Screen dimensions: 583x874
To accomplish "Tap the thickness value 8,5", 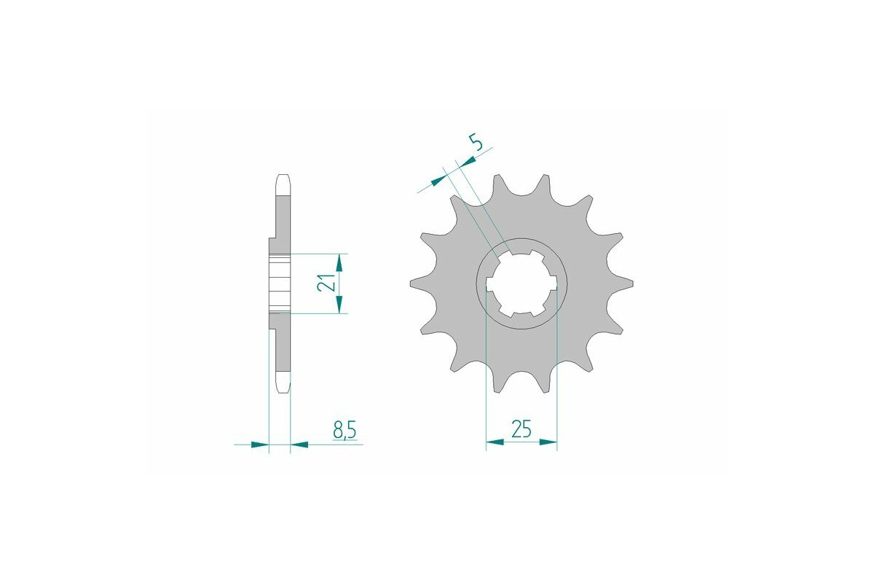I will pos(345,431).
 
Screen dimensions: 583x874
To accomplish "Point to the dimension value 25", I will pos(521,429).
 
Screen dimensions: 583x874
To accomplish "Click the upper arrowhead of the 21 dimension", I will pos(339,260).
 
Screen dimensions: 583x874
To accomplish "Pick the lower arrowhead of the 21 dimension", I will pos(339,308).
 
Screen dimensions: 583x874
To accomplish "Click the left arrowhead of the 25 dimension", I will pos(495,442).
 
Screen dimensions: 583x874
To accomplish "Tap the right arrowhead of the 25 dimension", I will pos(548,442).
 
